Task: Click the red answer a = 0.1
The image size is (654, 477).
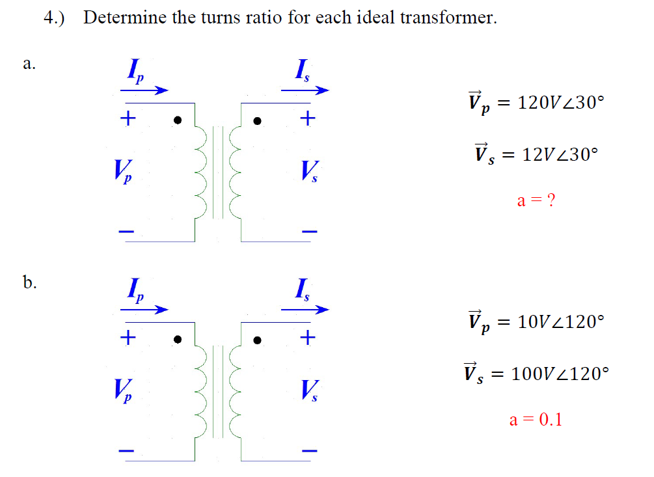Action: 536,420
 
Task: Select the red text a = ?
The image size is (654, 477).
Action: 536,200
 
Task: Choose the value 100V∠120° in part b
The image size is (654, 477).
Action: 560,374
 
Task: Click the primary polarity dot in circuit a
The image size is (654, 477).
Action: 177,120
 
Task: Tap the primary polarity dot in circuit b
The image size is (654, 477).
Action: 177,339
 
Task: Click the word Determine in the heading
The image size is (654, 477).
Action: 124,17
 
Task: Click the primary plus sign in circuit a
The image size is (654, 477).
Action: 128,119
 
